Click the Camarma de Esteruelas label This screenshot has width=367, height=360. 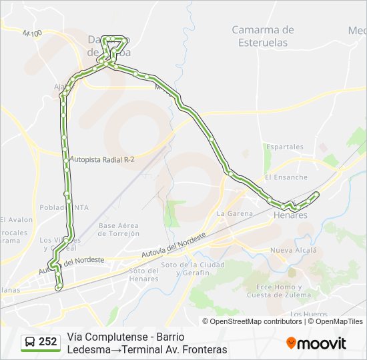coord(263,35)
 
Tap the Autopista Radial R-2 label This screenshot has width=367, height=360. coord(102,159)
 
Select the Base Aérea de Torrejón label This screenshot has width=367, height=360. coord(119,229)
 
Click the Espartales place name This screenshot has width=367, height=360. coord(284,147)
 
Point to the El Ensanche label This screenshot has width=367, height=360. coord(286,177)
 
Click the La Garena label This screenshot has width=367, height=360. coord(235,214)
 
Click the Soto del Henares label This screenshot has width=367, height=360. coord(143,274)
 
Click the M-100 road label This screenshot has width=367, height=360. coord(31,33)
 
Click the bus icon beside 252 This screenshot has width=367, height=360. coord(30,342)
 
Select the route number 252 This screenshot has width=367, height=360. coord(48,342)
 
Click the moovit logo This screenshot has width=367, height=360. coord(316,343)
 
